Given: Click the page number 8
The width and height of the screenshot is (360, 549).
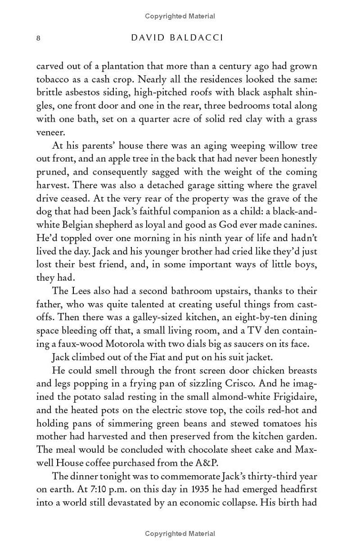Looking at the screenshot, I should point(39,38).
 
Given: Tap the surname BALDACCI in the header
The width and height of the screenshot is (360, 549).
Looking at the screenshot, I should point(199,38).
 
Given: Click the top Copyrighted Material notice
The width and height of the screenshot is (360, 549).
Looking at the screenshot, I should point(180,16).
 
